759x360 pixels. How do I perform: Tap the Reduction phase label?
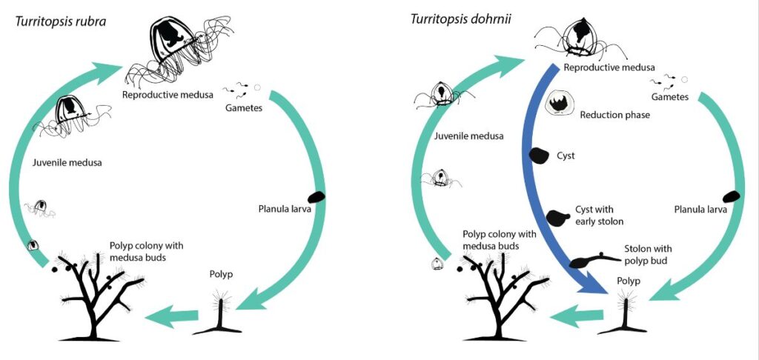pos(610,115)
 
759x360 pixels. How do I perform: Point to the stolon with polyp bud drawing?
pos(592,261)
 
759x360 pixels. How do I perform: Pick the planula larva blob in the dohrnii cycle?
pos(734,196)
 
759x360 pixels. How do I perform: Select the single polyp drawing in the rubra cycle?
pos(221,311)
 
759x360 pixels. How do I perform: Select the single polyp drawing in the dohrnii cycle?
pos(630,311)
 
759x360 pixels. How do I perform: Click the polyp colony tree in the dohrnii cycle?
pos(504,296)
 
